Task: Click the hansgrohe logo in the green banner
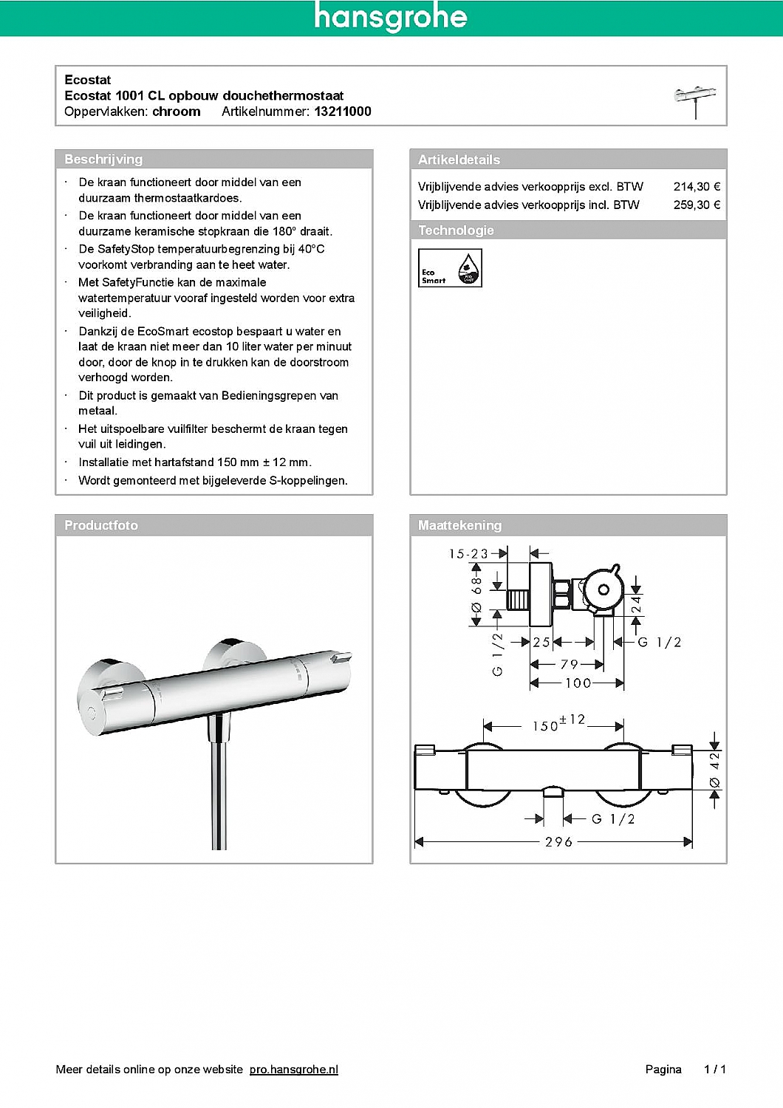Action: (390, 17)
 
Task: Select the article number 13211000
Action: (343, 112)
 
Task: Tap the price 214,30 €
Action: (696, 187)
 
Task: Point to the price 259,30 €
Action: (696, 205)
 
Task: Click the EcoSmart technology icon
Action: (450, 267)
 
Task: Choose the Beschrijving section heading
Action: (103, 160)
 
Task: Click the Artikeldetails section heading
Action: (459, 160)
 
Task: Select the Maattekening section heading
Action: (459, 525)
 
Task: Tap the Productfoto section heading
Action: (101, 525)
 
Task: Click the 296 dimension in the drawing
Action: (558, 842)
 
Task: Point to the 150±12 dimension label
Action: (558, 724)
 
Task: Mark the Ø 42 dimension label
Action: (714, 770)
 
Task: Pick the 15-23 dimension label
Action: (468, 553)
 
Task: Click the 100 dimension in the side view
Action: (578, 683)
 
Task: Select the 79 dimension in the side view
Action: (569, 665)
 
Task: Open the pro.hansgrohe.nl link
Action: (293, 1069)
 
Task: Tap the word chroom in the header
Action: (177, 112)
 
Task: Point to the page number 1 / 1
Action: (714, 1069)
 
